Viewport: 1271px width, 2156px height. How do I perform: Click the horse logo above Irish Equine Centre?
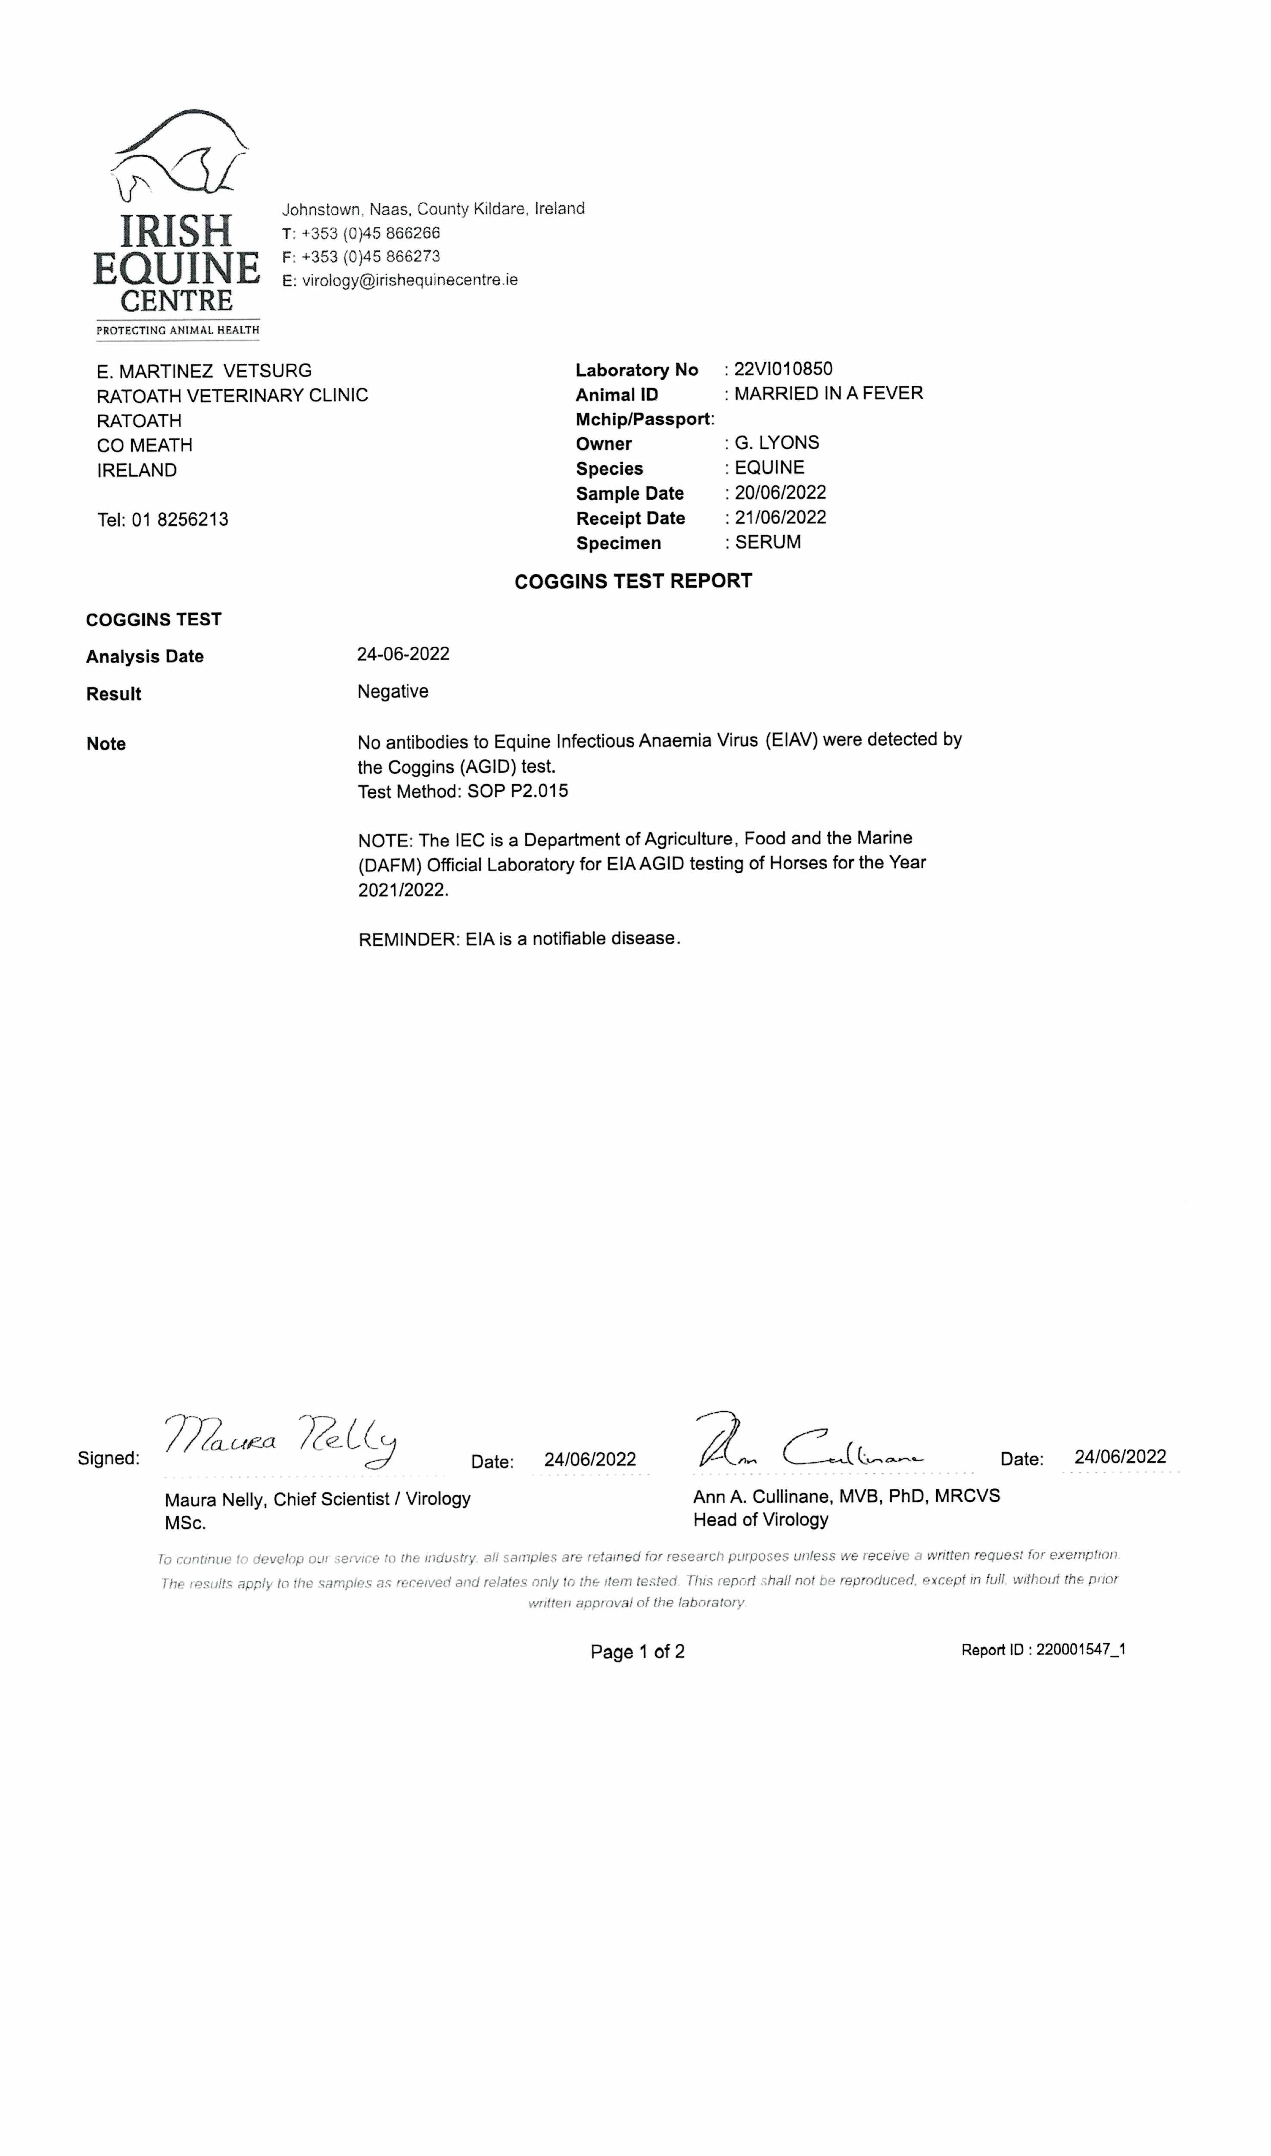[x=180, y=154]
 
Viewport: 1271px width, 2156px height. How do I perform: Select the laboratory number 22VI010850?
[x=783, y=370]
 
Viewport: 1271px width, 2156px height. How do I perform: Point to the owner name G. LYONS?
[x=777, y=443]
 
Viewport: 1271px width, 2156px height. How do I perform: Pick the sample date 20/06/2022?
[x=780, y=493]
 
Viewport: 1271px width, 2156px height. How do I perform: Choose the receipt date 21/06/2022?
[x=780, y=517]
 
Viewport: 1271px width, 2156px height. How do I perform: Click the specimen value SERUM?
[x=768, y=542]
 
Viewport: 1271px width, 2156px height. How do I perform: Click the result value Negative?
[x=392, y=692]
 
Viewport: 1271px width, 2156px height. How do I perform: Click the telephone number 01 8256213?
[x=180, y=520]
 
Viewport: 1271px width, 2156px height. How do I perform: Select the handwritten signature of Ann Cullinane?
[x=810, y=1442]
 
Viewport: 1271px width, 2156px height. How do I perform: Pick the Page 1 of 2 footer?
[x=637, y=1652]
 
